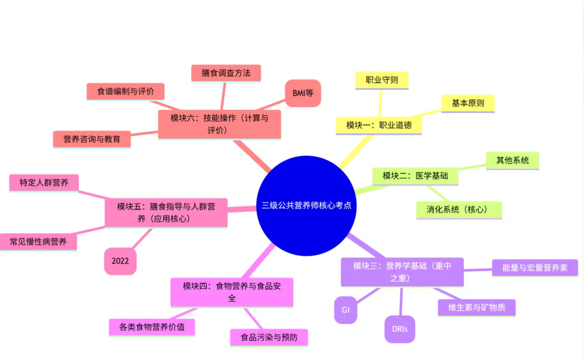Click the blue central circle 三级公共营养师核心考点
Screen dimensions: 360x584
306,205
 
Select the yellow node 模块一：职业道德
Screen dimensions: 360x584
379,125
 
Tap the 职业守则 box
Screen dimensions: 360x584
382,80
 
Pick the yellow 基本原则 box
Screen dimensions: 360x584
468,103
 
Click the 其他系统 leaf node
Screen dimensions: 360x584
512,160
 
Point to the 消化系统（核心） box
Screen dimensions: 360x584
459,210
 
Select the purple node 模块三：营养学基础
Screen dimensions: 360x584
402,272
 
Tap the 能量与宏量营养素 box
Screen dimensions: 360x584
535,268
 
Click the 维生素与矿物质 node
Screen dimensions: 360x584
476,307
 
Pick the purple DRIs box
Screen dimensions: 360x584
400,329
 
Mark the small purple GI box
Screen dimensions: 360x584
346,310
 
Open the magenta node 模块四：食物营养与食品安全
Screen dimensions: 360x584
231,292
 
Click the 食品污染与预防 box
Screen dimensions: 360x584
269,338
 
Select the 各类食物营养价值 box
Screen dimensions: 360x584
151,327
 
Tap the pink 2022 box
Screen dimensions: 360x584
120,261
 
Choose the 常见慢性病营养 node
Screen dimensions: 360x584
38,242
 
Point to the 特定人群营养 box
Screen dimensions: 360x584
44,183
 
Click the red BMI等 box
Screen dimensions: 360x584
303,93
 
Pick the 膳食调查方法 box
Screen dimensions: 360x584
226,73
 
